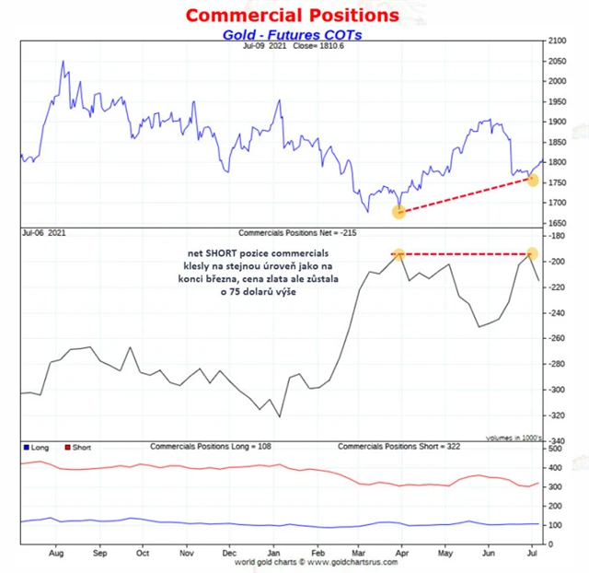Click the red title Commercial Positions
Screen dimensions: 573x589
click(293, 15)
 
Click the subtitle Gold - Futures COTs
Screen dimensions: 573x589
click(292, 34)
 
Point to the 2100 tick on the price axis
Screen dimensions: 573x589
click(558, 41)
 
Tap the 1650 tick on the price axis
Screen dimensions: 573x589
click(558, 223)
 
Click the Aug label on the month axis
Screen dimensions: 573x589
click(55, 555)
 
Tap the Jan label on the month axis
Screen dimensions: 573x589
click(273, 555)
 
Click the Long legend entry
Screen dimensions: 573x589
click(36, 447)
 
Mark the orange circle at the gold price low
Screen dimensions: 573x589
click(398, 212)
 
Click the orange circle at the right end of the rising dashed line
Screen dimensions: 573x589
click(532, 179)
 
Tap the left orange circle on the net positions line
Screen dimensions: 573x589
click(398, 253)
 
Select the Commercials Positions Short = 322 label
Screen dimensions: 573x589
click(398, 446)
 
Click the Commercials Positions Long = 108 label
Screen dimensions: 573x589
click(210, 446)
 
